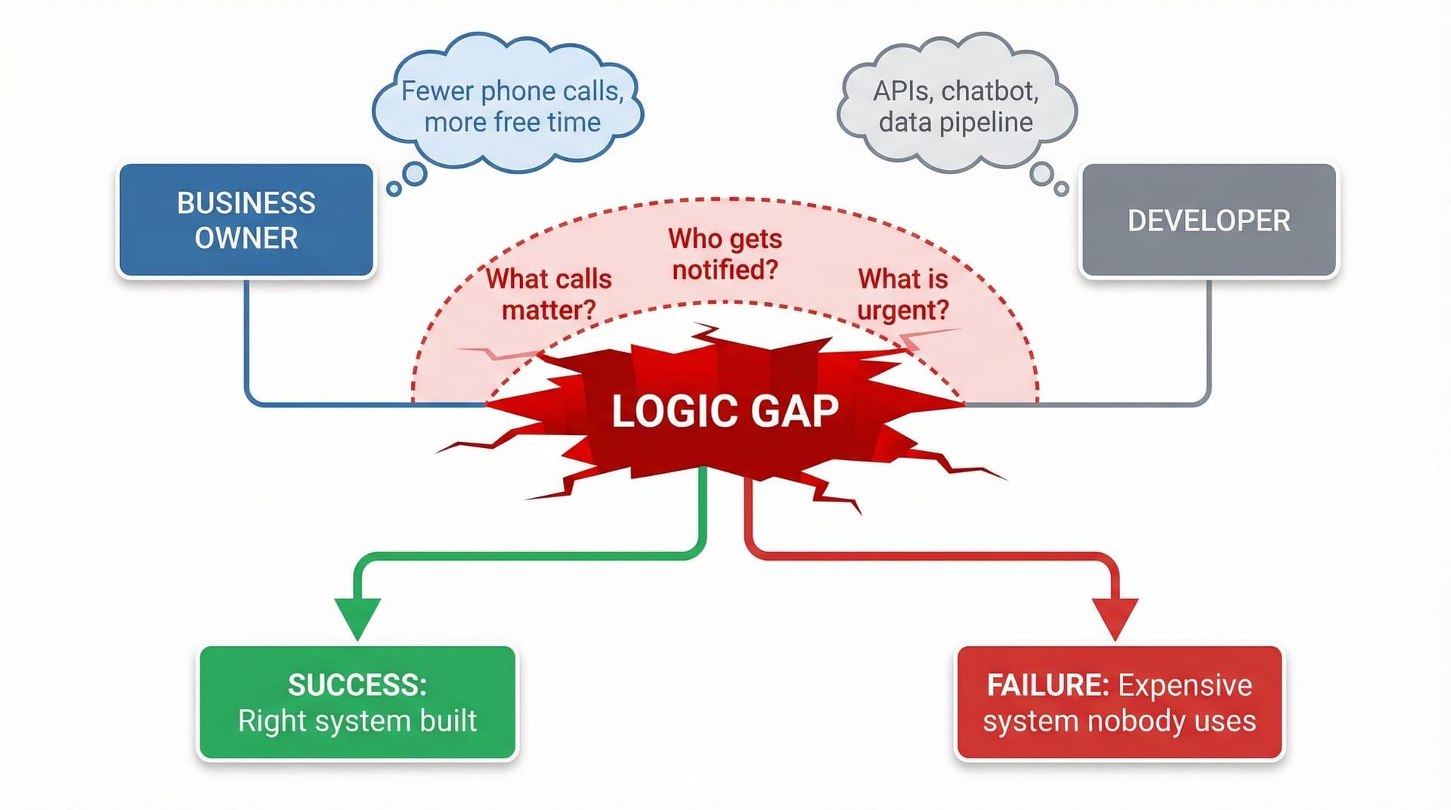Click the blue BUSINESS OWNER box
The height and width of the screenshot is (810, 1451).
(x=246, y=220)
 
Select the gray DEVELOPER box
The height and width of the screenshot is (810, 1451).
(x=1208, y=220)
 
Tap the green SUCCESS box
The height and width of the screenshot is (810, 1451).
(x=357, y=703)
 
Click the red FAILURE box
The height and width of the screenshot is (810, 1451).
(x=1119, y=703)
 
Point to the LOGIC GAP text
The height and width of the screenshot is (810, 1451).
(x=725, y=412)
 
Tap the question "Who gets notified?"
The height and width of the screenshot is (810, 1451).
(x=725, y=254)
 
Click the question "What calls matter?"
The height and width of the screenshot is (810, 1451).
(x=549, y=294)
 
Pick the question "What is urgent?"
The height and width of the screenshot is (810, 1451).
(x=902, y=294)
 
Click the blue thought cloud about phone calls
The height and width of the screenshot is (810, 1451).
(x=508, y=107)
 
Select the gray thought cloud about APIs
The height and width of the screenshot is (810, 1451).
(x=956, y=107)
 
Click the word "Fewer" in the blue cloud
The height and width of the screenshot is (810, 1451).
(x=436, y=91)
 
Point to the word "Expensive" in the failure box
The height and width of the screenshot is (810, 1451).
(x=1185, y=685)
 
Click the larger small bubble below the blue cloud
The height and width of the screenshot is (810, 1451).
(x=414, y=174)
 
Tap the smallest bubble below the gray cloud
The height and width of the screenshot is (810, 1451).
(x=1061, y=188)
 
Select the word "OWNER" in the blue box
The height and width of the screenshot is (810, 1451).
(x=246, y=238)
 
